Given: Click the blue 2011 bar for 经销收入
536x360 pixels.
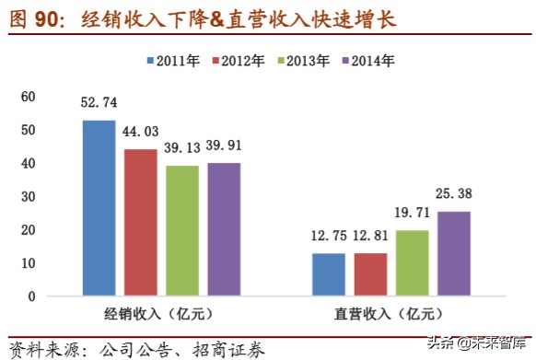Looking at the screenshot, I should click(99, 208).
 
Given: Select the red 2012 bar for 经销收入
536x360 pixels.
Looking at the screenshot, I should click(140, 222).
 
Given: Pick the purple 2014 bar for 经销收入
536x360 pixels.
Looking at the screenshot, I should click(223, 229).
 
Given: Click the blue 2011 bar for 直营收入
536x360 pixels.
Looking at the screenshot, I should click(328, 274).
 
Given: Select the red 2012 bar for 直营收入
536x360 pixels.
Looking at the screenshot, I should click(369, 274).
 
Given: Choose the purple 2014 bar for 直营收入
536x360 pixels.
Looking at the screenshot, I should click(453, 253).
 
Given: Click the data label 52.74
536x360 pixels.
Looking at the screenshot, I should click(99, 103).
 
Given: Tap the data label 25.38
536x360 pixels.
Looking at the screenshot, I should click(454, 193).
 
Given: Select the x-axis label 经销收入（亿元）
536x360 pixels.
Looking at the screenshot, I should click(160, 314).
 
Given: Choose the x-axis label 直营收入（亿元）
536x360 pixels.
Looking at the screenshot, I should click(390, 314).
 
